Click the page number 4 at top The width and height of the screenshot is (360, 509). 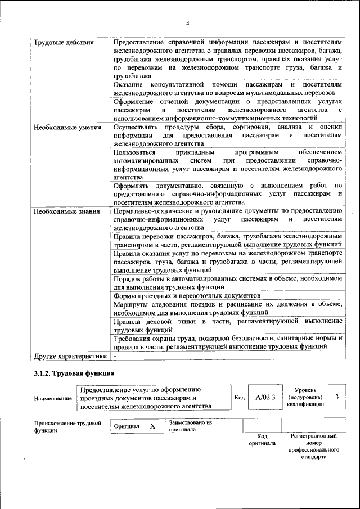[x=188, y=22]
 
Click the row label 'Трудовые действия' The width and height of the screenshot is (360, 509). [x=63, y=43]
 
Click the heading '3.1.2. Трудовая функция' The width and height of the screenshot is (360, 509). [x=74, y=373]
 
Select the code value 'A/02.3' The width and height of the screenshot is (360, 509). [x=265, y=398]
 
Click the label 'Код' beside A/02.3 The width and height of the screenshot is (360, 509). [x=240, y=398]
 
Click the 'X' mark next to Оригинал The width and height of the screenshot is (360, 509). [x=152, y=426]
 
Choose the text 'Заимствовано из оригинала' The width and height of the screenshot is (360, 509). [x=190, y=426]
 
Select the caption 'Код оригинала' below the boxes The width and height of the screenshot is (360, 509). [x=262, y=439]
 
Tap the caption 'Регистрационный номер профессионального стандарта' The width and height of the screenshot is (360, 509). [x=314, y=447]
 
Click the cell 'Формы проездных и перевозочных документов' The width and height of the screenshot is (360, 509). [x=187, y=295]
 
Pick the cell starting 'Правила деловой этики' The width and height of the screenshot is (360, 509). [x=227, y=325]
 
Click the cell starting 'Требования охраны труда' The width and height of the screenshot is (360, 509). [x=227, y=343]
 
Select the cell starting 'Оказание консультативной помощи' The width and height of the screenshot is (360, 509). [x=227, y=88]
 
